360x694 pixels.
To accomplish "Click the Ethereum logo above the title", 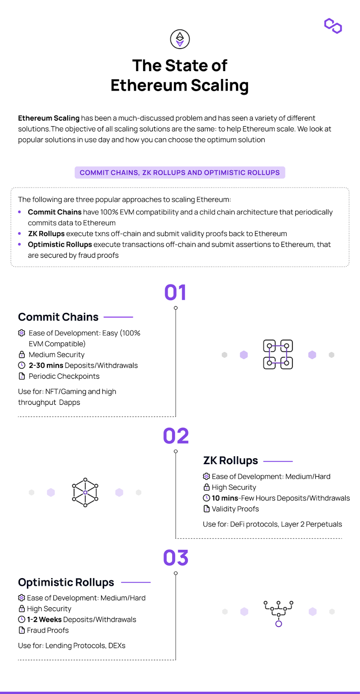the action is click(x=180, y=39).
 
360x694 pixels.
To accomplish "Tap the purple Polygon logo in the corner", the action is click(x=333, y=26).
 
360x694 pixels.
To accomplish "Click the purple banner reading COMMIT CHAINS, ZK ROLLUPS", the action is click(x=180, y=173).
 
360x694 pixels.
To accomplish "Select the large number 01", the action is click(x=175, y=292).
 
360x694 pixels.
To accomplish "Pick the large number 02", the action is click(x=176, y=436).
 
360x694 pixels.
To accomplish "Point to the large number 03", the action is click(x=176, y=558).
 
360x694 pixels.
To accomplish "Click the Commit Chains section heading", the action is click(x=58, y=317).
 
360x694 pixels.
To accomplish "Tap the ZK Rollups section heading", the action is click(x=230, y=461).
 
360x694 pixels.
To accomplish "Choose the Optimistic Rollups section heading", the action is click(x=66, y=583).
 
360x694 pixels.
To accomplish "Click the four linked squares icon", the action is click(x=278, y=354).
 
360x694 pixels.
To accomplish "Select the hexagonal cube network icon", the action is click(x=85, y=492).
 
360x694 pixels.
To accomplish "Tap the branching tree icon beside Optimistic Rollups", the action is click(x=278, y=614).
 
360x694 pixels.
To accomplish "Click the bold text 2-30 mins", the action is click(x=46, y=365).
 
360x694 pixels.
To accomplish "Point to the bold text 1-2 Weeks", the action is click(x=44, y=619).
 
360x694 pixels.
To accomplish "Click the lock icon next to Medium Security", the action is click(x=22, y=354).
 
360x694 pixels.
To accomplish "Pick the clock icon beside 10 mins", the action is click(x=206, y=498).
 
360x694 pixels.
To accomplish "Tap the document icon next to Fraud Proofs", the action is click(x=22, y=630).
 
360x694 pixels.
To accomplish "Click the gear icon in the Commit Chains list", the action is click(x=21, y=333).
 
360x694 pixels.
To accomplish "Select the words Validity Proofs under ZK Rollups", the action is click(x=235, y=509).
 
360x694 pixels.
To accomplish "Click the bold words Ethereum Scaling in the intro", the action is click(x=49, y=118).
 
